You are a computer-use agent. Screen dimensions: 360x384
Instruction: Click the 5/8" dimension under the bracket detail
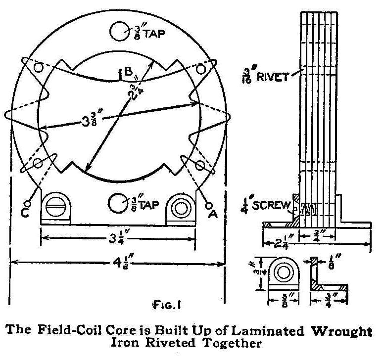tap(285, 300)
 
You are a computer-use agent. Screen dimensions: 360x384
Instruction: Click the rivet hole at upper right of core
tap(200, 69)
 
